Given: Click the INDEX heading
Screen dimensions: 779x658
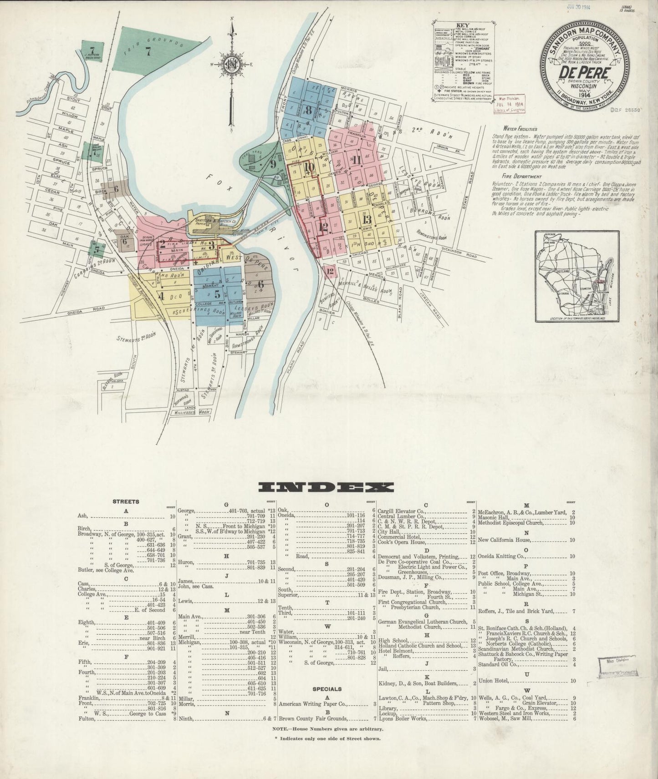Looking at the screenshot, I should coord(326,487).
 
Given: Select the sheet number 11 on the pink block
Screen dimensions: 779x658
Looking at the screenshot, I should coord(356,160).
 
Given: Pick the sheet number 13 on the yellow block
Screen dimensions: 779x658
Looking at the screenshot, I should coord(367,219).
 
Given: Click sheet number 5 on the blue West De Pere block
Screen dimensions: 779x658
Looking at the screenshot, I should coord(217,293).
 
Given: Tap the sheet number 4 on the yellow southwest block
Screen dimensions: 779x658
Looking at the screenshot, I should coord(160,295).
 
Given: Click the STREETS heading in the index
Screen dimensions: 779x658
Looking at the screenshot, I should coord(126,501).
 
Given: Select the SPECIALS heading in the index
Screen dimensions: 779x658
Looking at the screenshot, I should coord(327,689).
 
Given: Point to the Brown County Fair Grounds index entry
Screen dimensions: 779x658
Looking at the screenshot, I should coord(314,719).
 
